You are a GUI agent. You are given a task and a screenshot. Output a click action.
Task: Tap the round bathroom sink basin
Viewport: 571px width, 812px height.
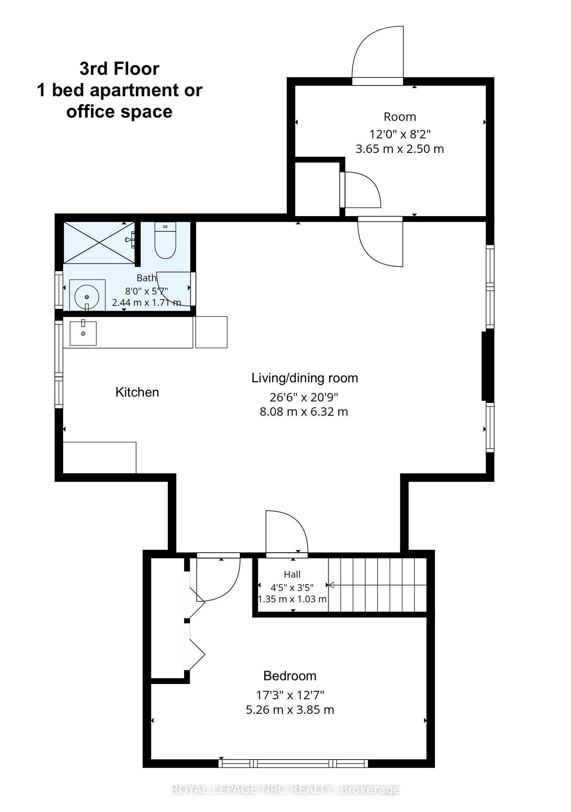click(x=87, y=297)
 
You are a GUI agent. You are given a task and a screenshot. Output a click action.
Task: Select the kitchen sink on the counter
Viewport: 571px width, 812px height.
click(x=83, y=333)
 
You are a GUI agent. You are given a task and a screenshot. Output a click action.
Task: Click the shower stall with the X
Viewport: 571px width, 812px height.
click(x=99, y=243)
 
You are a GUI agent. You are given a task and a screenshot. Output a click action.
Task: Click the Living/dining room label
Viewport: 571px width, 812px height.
click(x=305, y=378)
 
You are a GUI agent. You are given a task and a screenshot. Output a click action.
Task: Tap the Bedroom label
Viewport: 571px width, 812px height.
click(x=290, y=676)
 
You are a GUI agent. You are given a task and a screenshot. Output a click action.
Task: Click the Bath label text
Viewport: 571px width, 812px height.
click(x=146, y=278)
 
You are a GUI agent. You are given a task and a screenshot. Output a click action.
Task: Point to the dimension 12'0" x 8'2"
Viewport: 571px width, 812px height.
click(x=400, y=134)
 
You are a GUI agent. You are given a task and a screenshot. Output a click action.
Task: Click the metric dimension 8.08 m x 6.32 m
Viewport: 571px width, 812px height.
click(x=304, y=412)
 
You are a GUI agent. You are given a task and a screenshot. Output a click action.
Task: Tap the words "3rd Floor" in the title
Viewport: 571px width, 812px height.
click(x=120, y=69)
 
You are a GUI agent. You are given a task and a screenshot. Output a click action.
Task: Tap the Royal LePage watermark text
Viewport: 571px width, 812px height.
click(x=285, y=789)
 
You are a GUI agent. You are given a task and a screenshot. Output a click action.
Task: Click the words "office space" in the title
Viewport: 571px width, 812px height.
click(x=120, y=112)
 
